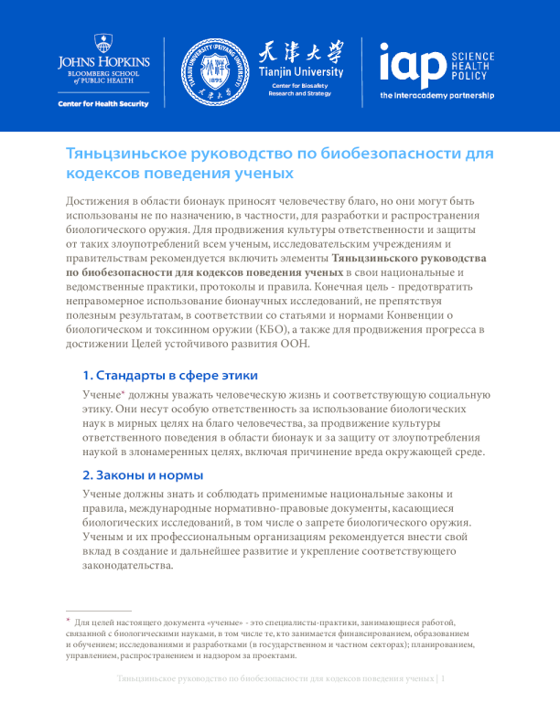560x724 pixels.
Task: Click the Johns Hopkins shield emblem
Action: click(104, 43)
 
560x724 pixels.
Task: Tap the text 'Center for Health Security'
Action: click(104, 103)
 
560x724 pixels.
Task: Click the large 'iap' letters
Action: click(409, 65)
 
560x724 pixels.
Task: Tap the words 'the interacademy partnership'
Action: click(436, 95)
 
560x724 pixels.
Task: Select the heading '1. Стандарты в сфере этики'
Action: click(169, 376)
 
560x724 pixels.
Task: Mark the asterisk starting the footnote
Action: click(68, 619)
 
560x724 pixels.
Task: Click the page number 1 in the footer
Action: click(443, 679)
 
